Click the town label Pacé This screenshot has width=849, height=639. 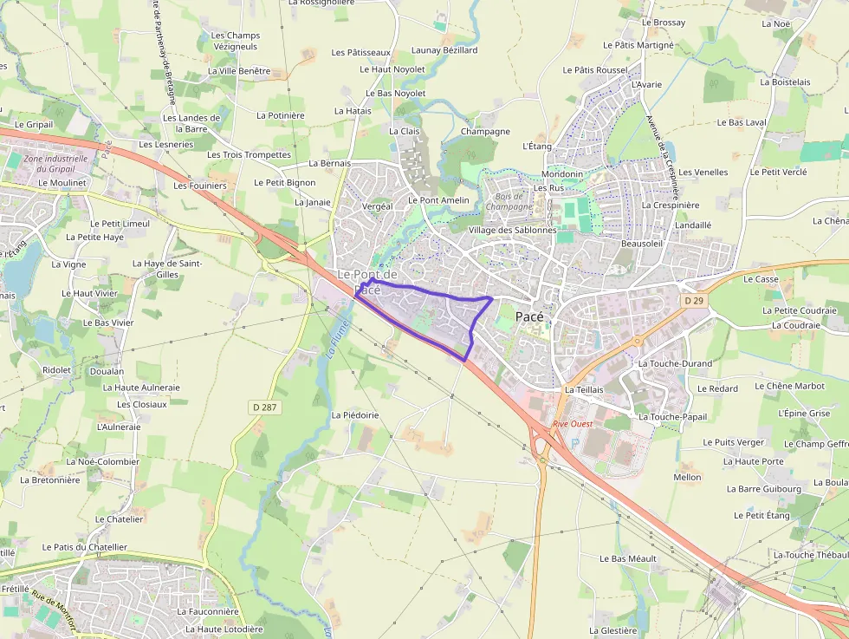pyautogui.click(x=529, y=316)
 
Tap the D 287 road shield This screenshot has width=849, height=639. pyautogui.click(x=268, y=407)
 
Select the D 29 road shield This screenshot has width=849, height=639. pyautogui.click(x=692, y=300)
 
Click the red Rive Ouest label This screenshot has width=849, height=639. pyautogui.click(x=573, y=424)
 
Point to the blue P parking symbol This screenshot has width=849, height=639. pyautogui.click(x=573, y=442)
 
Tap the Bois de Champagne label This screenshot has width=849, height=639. pyautogui.click(x=509, y=201)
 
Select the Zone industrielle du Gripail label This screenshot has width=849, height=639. pyautogui.click(x=56, y=164)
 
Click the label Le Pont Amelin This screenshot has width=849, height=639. pyautogui.click(x=438, y=200)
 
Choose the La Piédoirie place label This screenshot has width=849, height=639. pyautogui.click(x=355, y=415)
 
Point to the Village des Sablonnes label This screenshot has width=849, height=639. pyautogui.click(x=512, y=231)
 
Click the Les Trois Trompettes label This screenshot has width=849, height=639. pyautogui.click(x=249, y=154)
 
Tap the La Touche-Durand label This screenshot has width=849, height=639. pyautogui.click(x=675, y=363)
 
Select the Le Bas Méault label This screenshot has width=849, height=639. pyautogui.click(x=628, y=558)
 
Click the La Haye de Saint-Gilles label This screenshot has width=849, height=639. pyautogui.click(x=167, y=269)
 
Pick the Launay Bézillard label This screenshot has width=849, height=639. pyautogui.click(x=444, y=50)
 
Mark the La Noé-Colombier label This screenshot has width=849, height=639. pyautogui.click(x=102, y=461)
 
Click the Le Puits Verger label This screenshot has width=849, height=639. pyautogui.click(x=734, y=442)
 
